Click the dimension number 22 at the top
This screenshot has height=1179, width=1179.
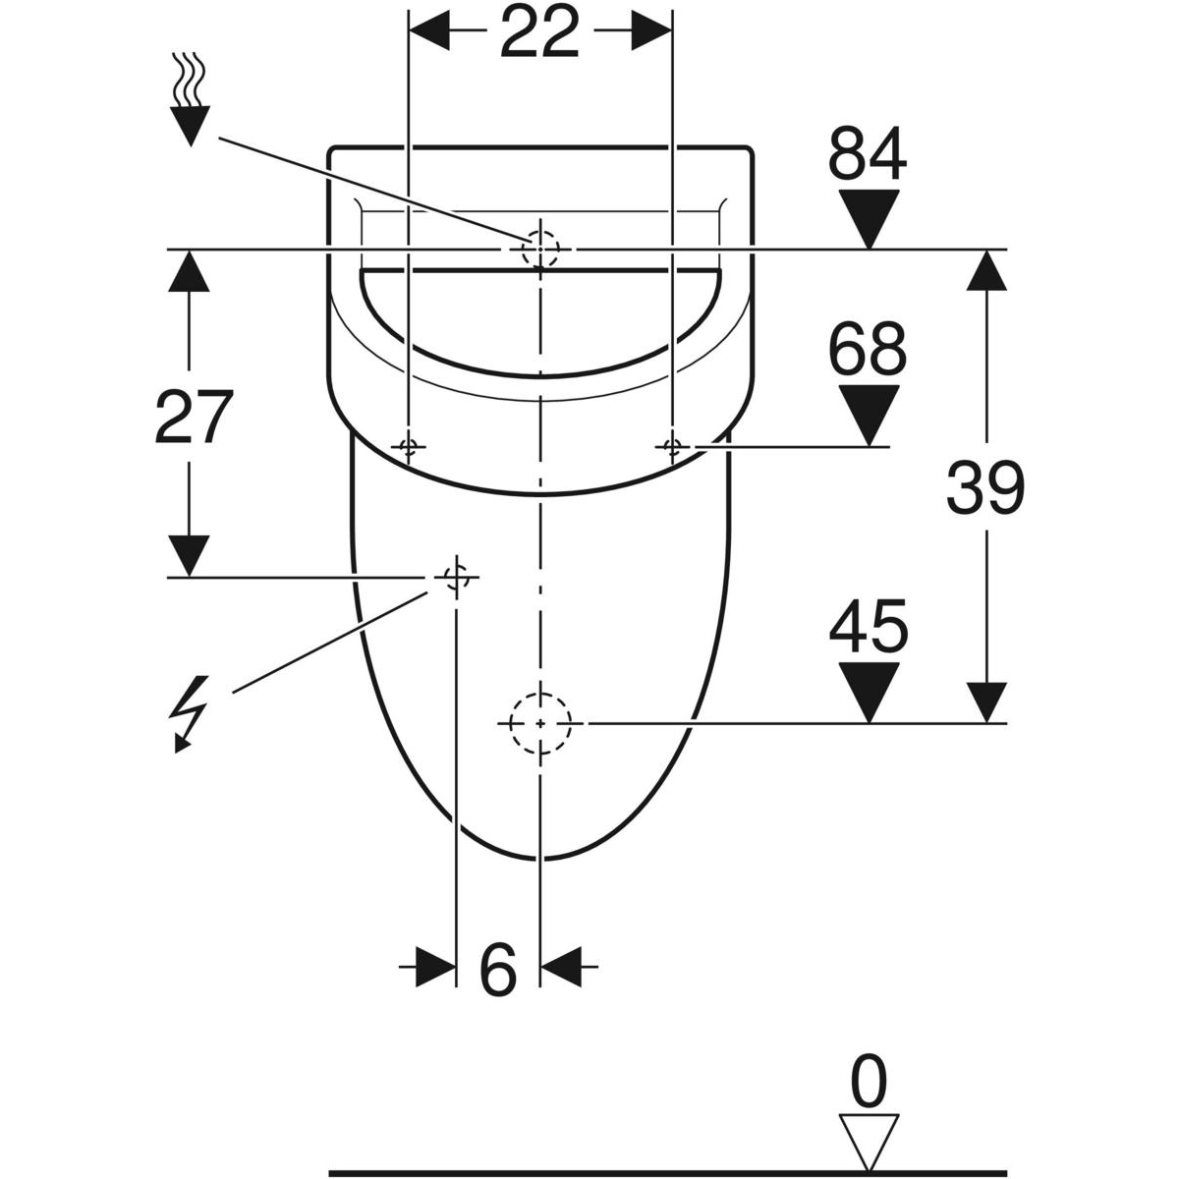click(x=539, y=35)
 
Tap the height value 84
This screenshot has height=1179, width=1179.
click(x=867, y=156)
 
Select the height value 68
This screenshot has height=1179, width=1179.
click(x=867, y=349)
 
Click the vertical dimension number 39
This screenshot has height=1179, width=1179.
click(x=984, y=487)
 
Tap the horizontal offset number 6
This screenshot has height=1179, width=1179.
click(x=497, y=969)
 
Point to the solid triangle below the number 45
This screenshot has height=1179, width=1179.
click(x=869, y=691)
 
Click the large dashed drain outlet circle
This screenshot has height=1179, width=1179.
click(x=540, y=722)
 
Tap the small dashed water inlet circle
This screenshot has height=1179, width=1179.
click(x=539, y=250)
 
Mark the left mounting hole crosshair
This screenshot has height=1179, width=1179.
click(x=408, y=446)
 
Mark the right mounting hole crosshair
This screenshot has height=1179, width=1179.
click(x=672, y=446)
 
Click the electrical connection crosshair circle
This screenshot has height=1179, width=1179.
click(x=456, y=578)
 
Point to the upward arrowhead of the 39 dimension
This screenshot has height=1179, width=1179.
click(x=986, y=270)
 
